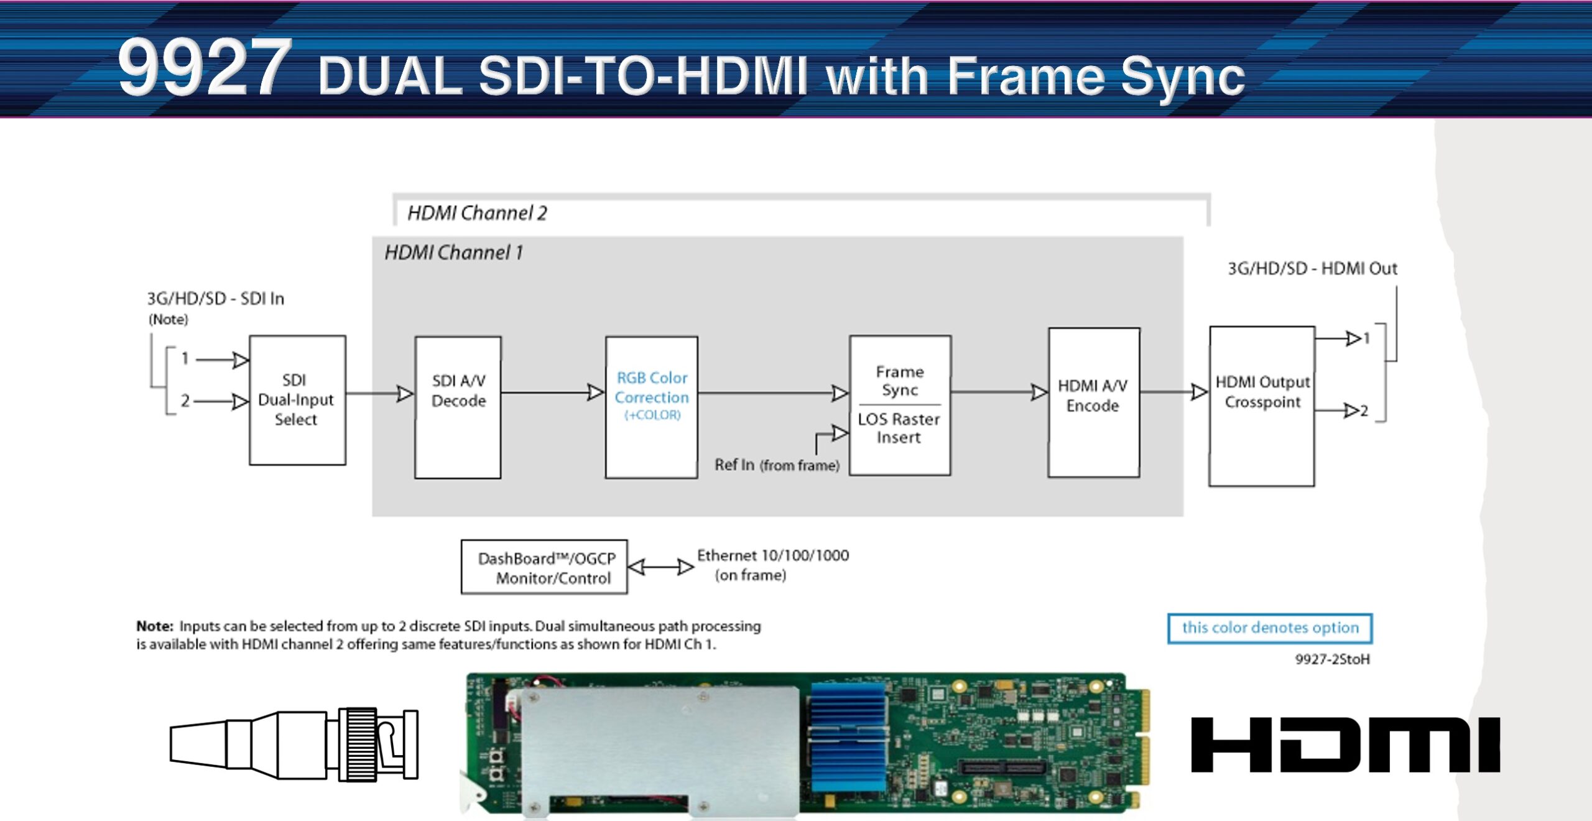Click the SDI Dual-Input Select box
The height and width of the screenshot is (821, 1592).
tap(297, 400)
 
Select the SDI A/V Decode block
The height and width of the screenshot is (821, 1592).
tap(458, 407)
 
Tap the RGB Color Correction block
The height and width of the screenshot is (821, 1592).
tap(651, 407)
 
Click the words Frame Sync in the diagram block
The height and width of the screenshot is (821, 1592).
tap(900, 381)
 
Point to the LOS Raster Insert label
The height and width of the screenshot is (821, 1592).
tap(899, 429)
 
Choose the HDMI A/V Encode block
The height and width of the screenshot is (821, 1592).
tap(1093, 402)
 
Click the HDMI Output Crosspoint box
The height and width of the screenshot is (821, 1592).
tap(1262, 406)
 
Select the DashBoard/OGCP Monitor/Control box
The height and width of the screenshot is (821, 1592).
tap(544, 567)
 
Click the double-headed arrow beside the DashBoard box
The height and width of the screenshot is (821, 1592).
tap(660, 567)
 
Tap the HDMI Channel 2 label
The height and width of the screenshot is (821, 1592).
tap(477, 213)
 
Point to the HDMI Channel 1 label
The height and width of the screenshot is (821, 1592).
tap(453, 253)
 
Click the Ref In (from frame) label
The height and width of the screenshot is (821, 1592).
tap(777, 465)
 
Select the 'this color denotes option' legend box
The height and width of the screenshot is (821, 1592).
tap(1269, 628)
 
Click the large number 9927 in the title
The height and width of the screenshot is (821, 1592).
tap(205, 67)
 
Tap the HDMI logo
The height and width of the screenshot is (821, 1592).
tap(1345, 744)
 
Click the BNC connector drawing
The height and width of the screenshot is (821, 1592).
tap(294, 744)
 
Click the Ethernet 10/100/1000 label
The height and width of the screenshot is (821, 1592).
tap(772, 555)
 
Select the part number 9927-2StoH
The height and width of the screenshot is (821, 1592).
tap(1332, 659)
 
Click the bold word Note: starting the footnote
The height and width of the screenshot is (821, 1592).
tap(155, 626)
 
